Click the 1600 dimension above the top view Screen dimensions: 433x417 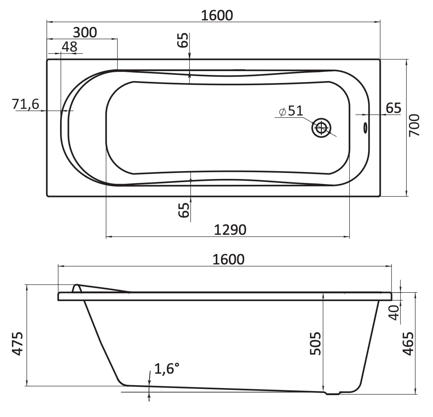pos(217,16)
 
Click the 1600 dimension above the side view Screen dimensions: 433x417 pos(228,259)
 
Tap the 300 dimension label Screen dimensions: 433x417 pos(85,33)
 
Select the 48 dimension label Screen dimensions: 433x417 pos(69,47)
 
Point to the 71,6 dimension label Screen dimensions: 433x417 pos(26,104)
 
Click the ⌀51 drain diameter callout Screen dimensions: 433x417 pos(291,111)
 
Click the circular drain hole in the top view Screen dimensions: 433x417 pos(321,128)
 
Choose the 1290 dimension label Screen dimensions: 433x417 pos(230,230)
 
